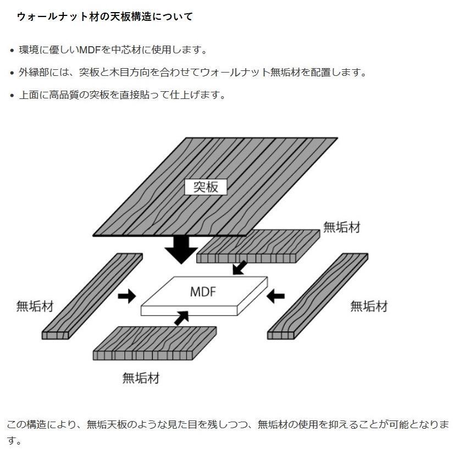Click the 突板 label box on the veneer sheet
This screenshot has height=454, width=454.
click(x=206, y=187)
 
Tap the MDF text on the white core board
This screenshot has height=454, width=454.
click(x=203, y=291)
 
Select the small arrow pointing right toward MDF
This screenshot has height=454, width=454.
click(x=127, y=296)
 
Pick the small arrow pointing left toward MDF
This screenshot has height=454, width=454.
click(x=276, y=296)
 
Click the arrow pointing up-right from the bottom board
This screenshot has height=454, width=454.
click(x=182, y=318)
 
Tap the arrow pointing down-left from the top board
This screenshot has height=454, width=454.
click(x=240, y=268)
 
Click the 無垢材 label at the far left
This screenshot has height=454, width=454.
click(x=35, y=306)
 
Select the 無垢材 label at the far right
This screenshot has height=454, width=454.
click(x=369, y=306)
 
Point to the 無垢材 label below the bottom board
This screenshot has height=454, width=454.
click(x=141, y=378)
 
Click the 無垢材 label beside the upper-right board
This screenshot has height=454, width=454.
click(x=342, y=228)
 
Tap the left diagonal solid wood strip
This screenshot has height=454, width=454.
click(x=92, y=296)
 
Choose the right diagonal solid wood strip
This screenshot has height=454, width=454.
click(x=318, y=296)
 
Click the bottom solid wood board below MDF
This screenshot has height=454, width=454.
click(x=154, y=343)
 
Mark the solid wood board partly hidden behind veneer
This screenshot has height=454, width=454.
click(x=258, y=246)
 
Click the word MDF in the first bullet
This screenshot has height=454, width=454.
click(x=90, y=50)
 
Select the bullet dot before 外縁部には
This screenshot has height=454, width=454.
click(x=12, y=73)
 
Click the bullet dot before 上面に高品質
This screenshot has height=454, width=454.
click(x=12, y=95)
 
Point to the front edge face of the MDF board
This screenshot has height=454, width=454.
click(x=189, y=311)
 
